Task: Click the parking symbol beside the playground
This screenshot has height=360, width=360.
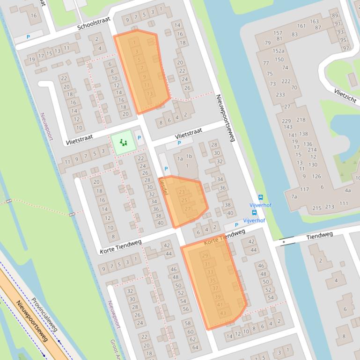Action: pos(139,138)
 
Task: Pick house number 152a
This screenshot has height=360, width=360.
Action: pos(279,51)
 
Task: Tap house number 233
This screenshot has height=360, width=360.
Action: pos(280,95)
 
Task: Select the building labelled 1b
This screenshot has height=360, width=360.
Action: pos(189,156)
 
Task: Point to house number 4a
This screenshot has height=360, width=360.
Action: pos(347,190)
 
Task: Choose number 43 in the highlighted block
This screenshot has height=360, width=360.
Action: pos(223,313)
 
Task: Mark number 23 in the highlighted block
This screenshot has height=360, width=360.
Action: pos(182,192)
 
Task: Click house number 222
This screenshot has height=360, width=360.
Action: pos(286,81)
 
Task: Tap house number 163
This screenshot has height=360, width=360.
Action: pos(314,21)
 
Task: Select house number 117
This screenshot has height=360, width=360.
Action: pos(304,189)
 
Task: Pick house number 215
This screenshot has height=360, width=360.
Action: pos(317,208)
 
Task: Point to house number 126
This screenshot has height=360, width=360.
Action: pos(317,176)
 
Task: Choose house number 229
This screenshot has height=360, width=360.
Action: pos(286,121)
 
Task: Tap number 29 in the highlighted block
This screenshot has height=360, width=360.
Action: pos(205,256)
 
